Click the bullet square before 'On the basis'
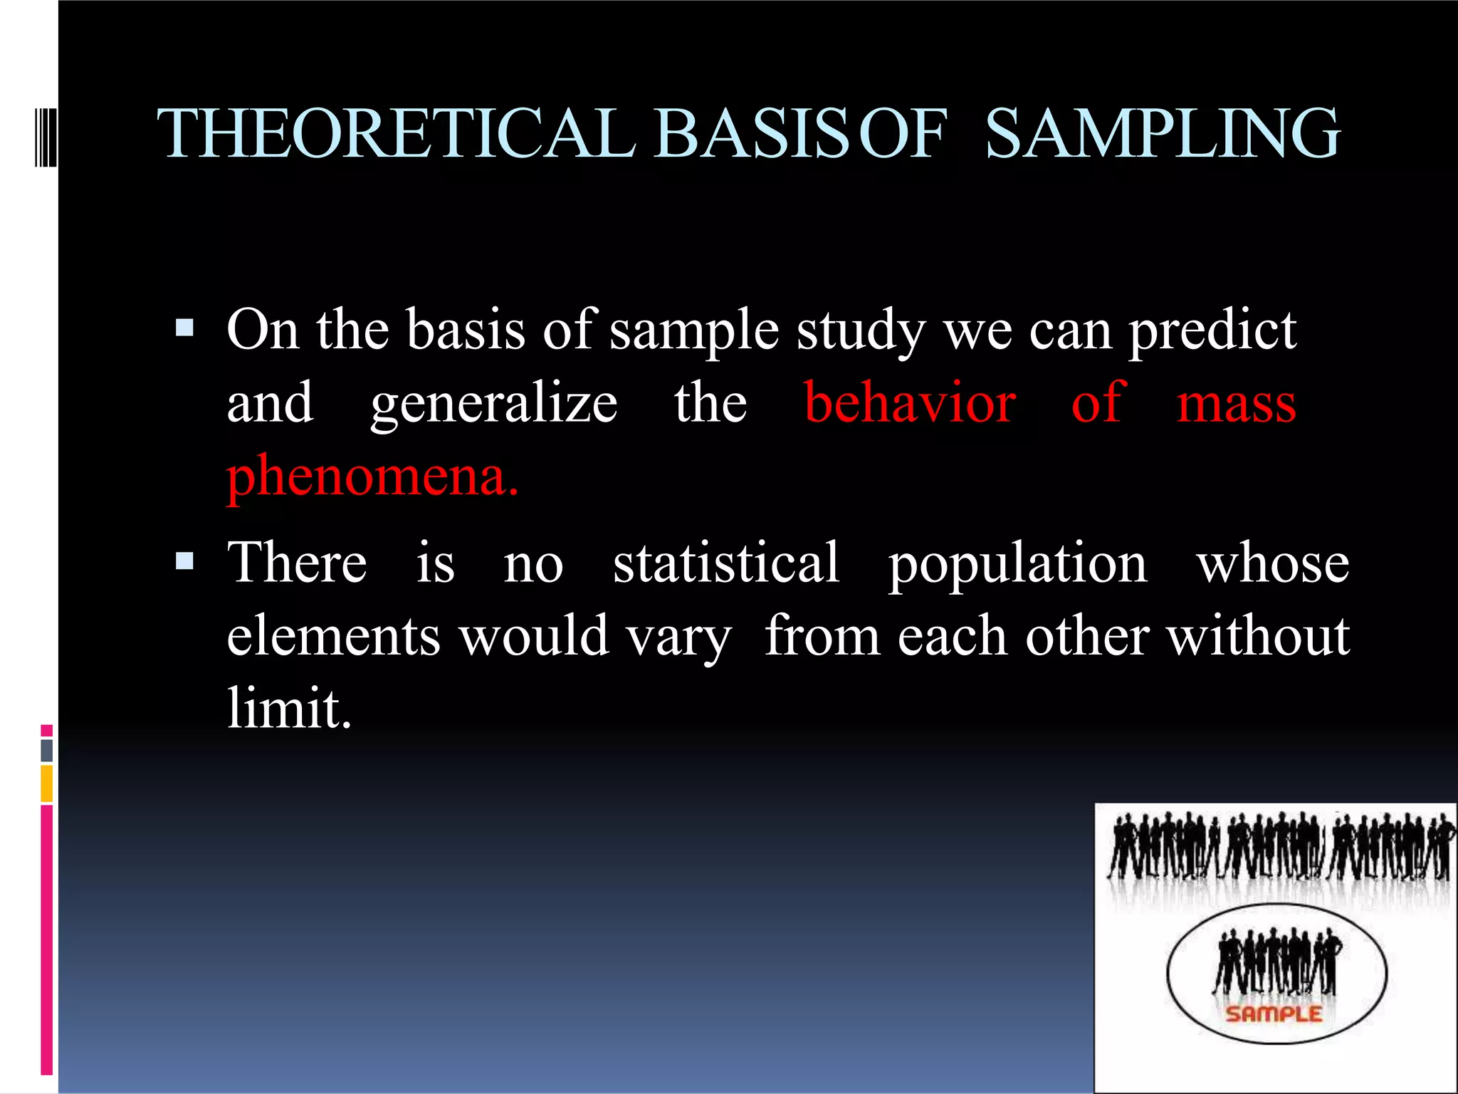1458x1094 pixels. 184,328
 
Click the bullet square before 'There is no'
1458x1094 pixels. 184,561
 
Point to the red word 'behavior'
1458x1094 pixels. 910,403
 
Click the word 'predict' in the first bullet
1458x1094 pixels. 1212,331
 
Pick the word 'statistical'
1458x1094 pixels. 726,563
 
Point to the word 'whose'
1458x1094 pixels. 1272,563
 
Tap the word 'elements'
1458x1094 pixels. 333,635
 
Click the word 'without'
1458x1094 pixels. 1258,635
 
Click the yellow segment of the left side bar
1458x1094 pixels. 47,783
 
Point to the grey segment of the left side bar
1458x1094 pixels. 47,750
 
